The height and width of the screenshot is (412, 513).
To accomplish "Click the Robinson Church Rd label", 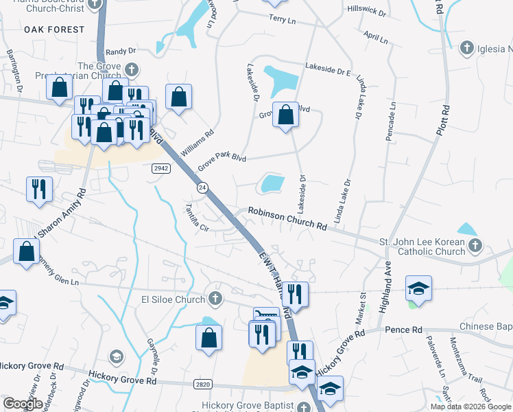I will coord(287,219).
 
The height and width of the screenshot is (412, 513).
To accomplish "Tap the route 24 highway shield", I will coord(202,187).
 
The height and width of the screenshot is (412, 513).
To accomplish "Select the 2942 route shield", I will coord(160,168).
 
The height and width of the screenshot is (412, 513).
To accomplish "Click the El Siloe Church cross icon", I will coord(215,299).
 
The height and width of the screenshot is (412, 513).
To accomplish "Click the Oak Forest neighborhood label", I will coord(54,30).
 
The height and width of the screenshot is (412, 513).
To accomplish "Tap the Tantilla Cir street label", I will coord(195,218).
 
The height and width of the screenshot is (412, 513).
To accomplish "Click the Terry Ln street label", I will coord(282,20).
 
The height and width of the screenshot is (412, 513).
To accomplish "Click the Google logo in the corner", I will coord(23,404).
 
